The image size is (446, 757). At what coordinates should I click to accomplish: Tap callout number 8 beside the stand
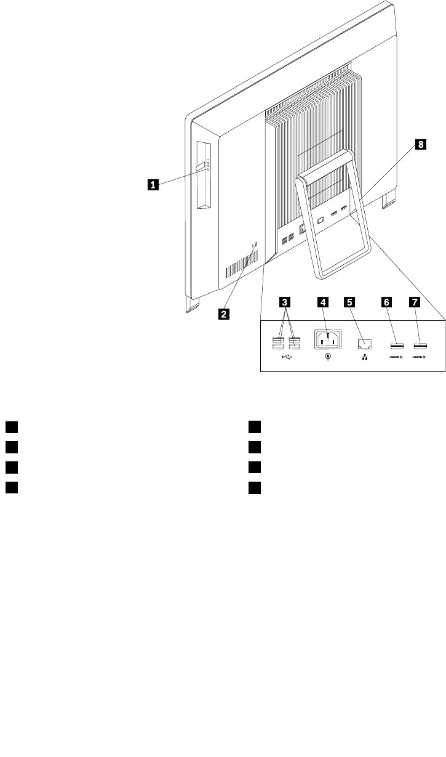(421, 145)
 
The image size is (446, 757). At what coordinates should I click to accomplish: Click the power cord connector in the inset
(329, 339)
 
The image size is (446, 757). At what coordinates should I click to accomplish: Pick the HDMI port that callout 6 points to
(396, 343)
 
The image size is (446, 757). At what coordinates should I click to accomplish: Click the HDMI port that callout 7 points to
(420, 343)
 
